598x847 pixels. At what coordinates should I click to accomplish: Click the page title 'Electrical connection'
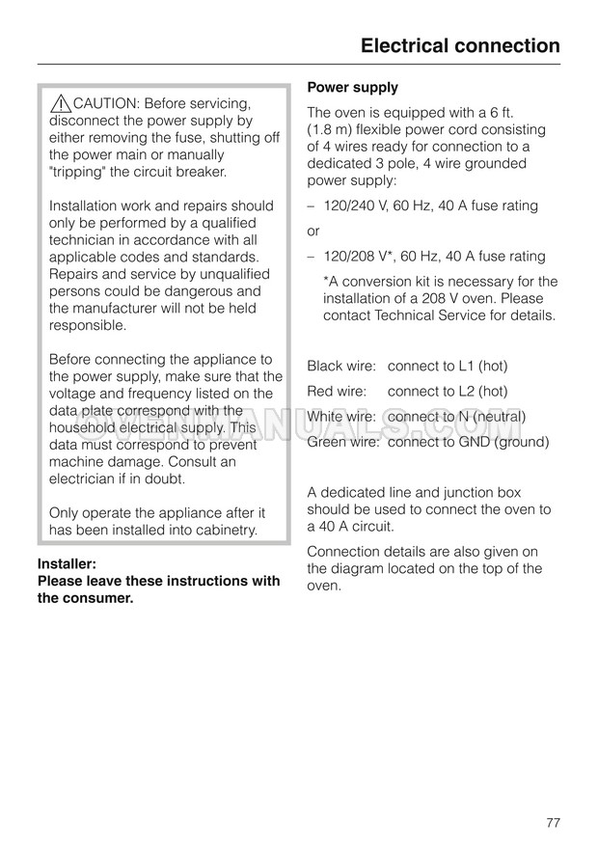click(459, 45)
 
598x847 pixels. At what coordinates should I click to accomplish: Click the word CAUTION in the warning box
click(107, 104)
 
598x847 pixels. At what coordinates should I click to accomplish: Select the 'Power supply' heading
click(352, 88)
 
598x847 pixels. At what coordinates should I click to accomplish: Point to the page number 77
click(553, 796)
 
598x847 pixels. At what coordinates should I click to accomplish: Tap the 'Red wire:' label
click(337, 392)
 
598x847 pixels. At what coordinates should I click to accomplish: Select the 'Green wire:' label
click(343, 443)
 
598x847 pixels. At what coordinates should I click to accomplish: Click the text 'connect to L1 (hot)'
click(447, 367)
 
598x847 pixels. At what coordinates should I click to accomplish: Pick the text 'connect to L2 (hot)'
click(447, 392)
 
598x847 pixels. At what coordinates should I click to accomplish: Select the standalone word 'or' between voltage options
click(313, 232)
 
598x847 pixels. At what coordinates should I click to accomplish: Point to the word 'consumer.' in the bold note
click(96, 598)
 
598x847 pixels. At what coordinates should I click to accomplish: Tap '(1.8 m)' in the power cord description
click(331, 130)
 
